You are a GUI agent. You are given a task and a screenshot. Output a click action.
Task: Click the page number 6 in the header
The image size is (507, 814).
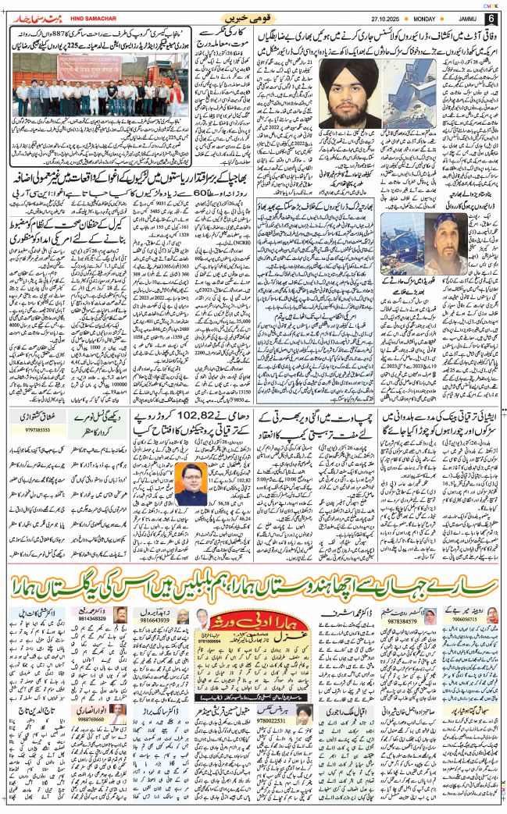click(491, 18)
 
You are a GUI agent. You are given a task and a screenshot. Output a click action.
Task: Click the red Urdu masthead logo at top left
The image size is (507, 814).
click(43, 17)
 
